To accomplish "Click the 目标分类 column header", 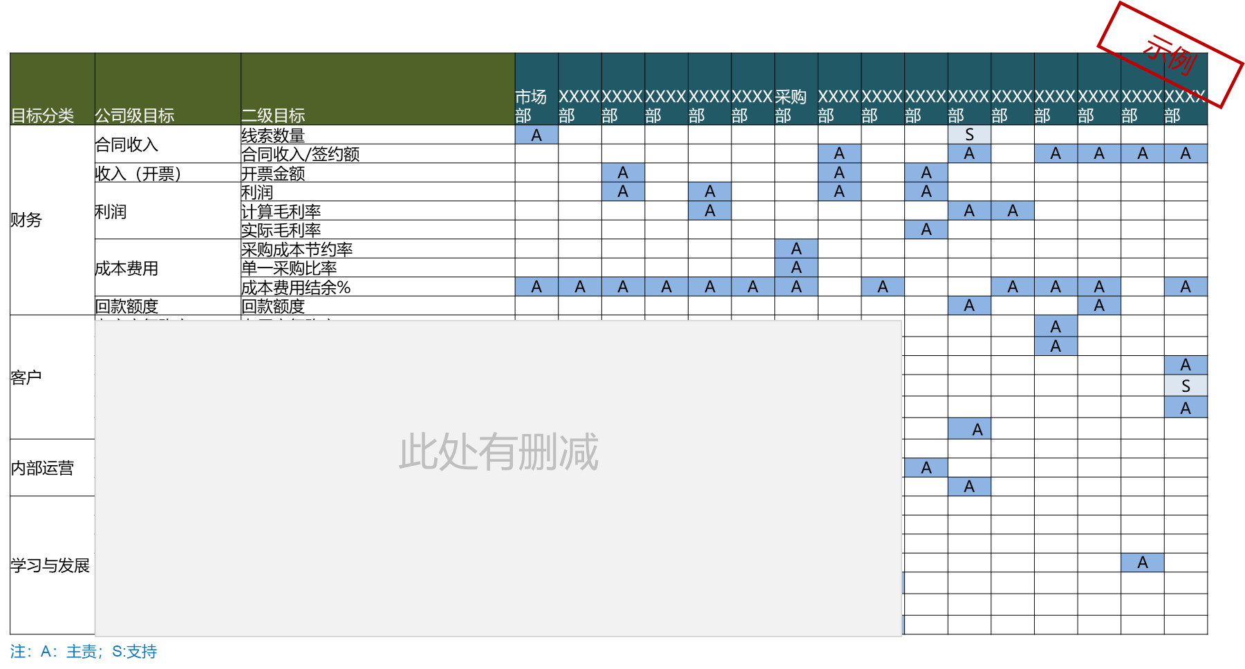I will pos(43,115).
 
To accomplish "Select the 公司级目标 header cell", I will pos(134,115).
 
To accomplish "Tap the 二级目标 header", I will pos(273,115).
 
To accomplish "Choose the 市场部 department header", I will pos(531,106).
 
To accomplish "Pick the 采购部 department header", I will pos(791,106).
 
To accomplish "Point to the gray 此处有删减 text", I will pos(498,452).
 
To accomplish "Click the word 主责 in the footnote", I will pos(82,652).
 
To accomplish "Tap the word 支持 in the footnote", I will pos(142,652).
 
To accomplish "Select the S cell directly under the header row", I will pos(969,135).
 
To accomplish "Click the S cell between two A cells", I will pos(1186,386).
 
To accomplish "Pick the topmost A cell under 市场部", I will pos(536,135).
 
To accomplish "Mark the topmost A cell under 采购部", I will pos(796,248).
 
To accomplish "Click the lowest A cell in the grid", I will pos(1142,563).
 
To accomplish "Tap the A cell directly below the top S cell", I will pos(969,153).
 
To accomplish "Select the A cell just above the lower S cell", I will pos(1186,365).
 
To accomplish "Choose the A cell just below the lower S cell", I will pos(1186,408).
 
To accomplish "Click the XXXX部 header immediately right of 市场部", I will pos(579,106).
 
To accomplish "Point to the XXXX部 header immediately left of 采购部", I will pos(752,106).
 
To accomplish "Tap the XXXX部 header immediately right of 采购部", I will pos(839,106).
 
